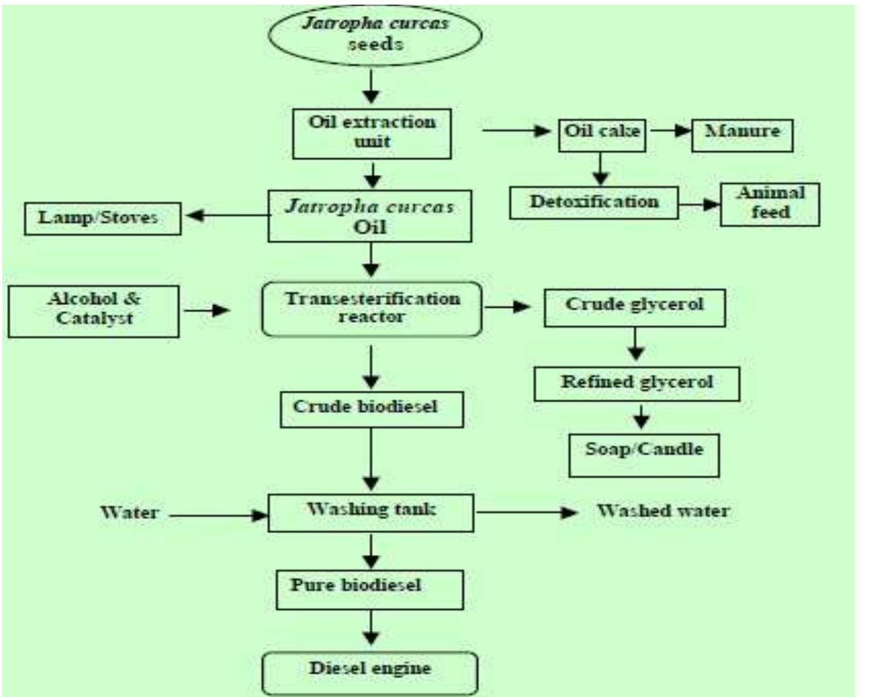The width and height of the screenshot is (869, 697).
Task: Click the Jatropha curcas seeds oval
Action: (375, 34)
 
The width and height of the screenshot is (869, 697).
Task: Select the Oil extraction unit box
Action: (372, 133)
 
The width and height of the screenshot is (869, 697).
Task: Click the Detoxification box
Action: (593, 203)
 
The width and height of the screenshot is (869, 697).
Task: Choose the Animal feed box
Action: (770, 204)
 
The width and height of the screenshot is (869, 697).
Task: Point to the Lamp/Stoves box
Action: (102, 218)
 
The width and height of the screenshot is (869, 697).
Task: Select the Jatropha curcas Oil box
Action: (369, 216)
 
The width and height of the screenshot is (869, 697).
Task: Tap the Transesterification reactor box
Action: (372, 309)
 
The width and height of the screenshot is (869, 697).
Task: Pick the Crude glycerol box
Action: (634, 308)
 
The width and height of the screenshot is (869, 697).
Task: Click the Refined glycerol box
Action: (637, 384)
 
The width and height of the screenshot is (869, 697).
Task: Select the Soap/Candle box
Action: (644, 455)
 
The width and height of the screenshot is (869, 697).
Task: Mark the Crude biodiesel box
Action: (372, 410)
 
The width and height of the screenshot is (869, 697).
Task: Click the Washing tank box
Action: (371, 513)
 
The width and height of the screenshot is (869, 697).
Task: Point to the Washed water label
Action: (663, 511)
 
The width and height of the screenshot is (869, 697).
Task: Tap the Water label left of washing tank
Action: (129, 513)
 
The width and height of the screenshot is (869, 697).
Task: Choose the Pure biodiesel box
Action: (369, 590)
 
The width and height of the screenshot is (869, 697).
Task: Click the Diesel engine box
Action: (370, 672)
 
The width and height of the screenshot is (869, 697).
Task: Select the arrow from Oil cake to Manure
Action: (669, 130)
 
